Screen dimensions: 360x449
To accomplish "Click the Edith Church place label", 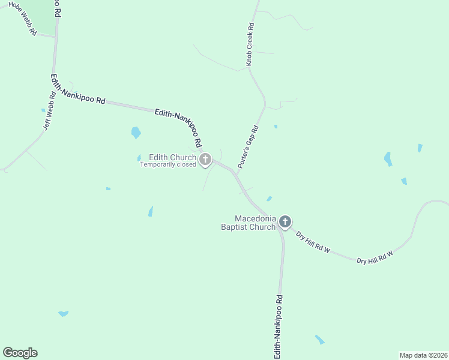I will pos(172,157).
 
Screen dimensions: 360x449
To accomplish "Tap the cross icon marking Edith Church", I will pos(205,160).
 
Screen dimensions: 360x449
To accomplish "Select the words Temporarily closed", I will pos(168,164).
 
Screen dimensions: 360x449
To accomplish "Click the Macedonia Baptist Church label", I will pos(255,223).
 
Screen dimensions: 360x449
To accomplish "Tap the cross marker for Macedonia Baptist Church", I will pos(285,222).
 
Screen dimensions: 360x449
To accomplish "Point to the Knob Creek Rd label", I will pos(250,44).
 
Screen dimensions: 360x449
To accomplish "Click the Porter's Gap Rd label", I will pos(247,146).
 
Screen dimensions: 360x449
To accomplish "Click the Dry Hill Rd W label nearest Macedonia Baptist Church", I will pos(313,241).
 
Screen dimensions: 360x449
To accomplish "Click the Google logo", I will pos(20,353).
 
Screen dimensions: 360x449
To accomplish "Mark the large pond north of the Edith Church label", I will pos(136,133).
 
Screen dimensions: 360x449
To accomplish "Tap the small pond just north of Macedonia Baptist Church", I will pos(269,199).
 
